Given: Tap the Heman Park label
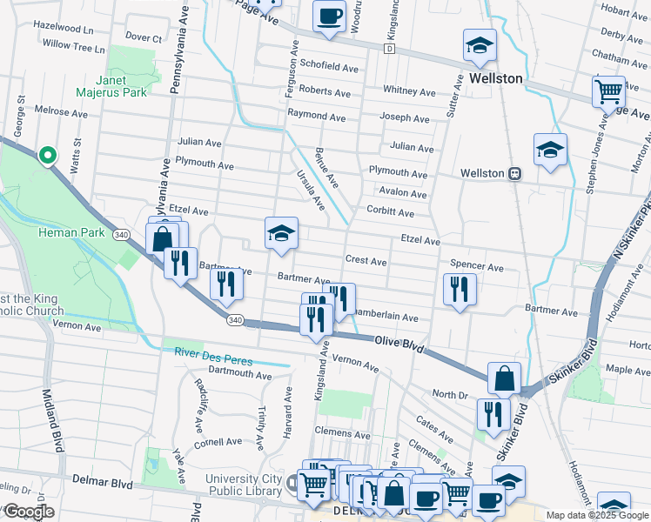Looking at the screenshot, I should coord(71,233).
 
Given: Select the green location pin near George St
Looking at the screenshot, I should coord(48,155).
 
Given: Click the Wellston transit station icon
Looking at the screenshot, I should coord(515,173).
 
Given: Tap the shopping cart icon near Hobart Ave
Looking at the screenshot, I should coord(608,90).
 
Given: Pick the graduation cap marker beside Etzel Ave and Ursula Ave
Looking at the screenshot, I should coord(281,234).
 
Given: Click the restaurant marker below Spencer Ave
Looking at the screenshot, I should coord(459,291).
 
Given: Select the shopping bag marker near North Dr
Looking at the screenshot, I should coord(504,378).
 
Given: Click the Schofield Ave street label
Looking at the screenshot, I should coord(329,67).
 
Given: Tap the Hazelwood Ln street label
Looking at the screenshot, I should coord(63,26).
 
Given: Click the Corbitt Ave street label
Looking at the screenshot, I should coord(390,212).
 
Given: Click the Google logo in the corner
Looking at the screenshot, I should coord(29,512).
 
